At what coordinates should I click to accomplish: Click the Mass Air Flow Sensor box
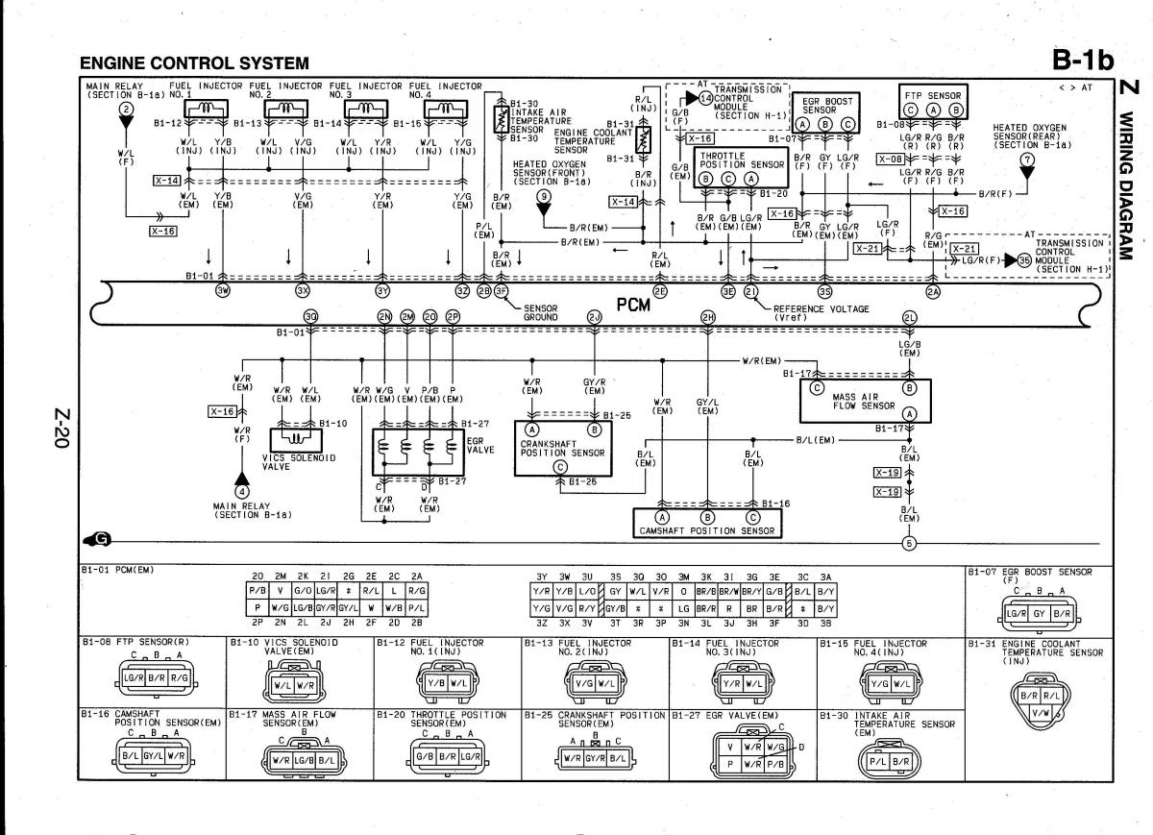click(x=864, y=400)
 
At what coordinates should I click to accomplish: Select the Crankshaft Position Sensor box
click(x=561, y=448)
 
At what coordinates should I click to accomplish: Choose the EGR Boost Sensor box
click(x=823, y=111)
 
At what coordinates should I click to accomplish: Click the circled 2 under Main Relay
click(x=125, y=111)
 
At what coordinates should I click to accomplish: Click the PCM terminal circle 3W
click(x=223, y=290)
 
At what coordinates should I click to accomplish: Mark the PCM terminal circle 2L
click(x=908, y=317)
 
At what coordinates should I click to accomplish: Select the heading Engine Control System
click(x=194, y=63)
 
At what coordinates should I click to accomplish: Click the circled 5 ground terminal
click(x=908, y=543)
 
